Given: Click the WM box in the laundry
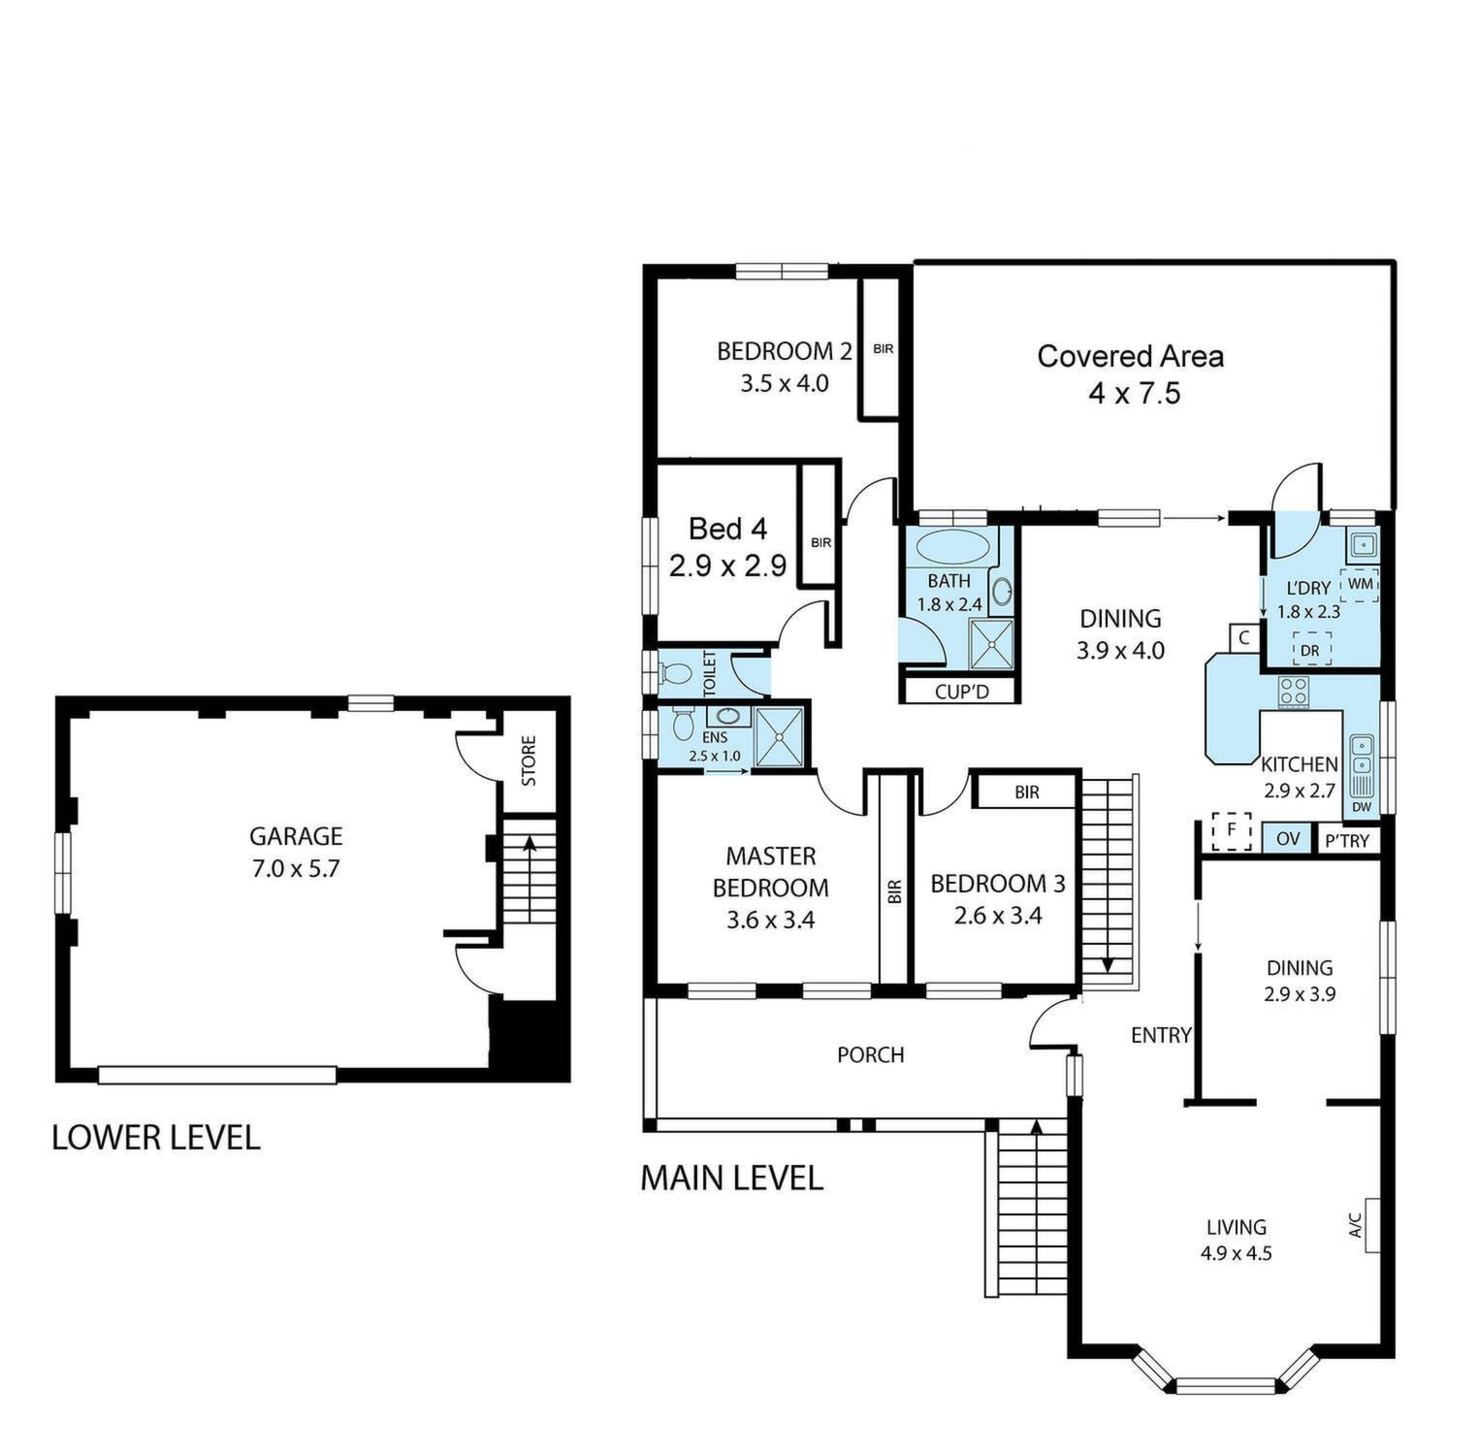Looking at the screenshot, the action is click(1360, 584).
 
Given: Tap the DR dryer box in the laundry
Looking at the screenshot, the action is click(1310, 649).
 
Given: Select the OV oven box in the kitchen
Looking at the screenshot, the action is click(1287, 838).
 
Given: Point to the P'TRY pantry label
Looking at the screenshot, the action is click(1346, 840).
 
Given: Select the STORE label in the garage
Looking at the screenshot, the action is click(529, 761).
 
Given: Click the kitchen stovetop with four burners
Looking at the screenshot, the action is click(1293, 691).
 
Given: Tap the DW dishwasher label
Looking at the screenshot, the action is click(1361, 806).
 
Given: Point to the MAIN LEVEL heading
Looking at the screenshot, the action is click(731, 1178).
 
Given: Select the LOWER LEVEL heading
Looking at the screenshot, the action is click(156, 1137).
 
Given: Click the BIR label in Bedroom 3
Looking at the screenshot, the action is click(1027, 792).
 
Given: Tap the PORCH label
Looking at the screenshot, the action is click(871, 1054).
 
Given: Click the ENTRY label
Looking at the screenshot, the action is click(1161, 1035).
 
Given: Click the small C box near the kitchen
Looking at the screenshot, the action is click(1244, 638).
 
